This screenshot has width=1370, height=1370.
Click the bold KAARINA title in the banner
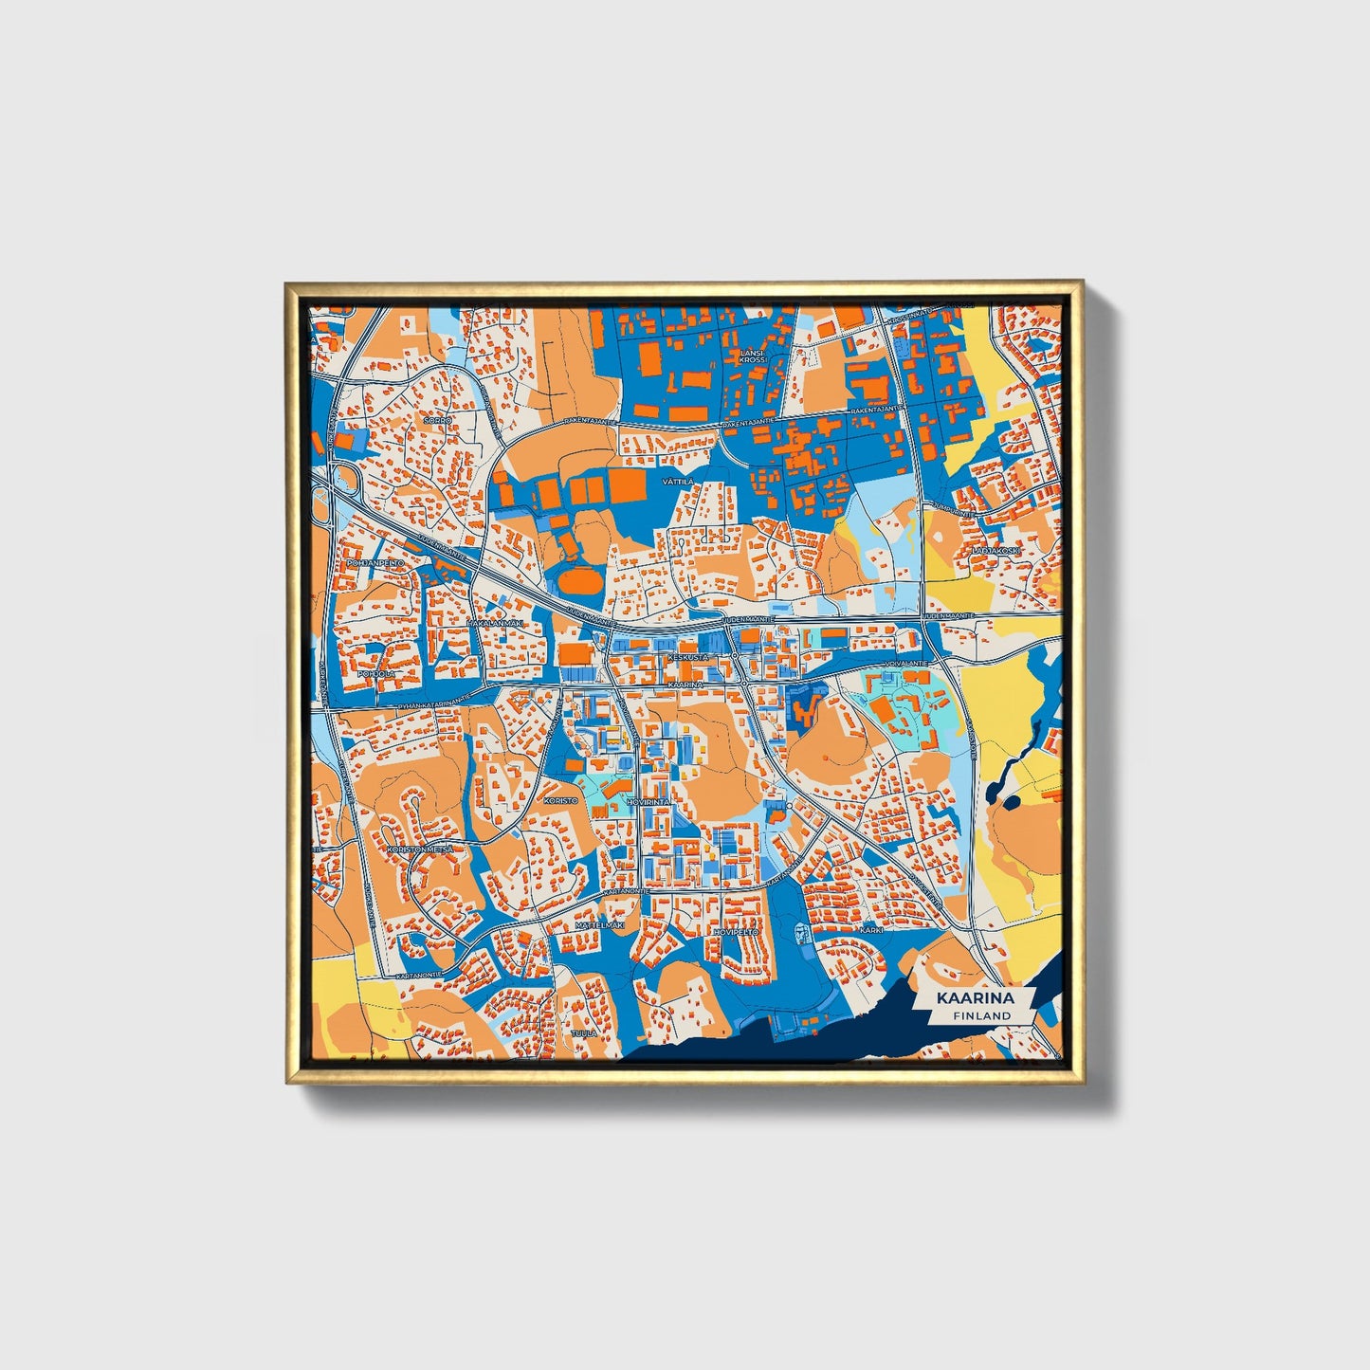pos(975,998)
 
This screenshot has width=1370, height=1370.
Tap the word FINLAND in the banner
pos(983,1015)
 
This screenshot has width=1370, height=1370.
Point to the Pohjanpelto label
pos(376,562)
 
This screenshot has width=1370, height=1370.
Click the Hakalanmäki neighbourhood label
pos(495,623)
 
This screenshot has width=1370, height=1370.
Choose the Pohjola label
pos(378,674)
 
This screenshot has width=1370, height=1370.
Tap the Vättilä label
pos(678,482)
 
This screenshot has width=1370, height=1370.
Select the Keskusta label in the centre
pos(687,656)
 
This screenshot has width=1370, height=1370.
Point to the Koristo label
pos(560,800)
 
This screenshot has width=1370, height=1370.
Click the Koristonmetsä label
pos(420,849)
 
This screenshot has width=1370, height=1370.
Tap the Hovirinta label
pos(648,802)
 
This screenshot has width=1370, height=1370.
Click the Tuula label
pos(584,1032)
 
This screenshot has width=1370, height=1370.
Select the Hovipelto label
pos(736,933)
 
